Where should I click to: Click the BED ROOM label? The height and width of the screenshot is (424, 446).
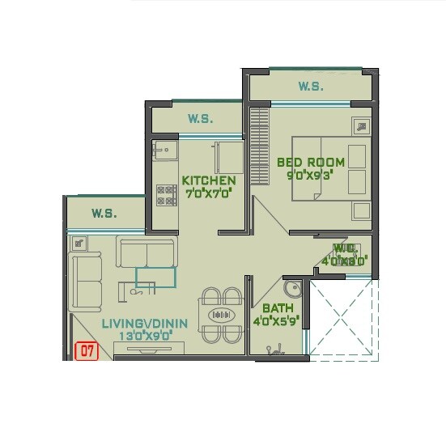(x=310, y=162)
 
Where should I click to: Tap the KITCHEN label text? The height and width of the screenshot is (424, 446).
(x=208, y=180)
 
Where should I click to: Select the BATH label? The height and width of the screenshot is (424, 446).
(x=278, y=308)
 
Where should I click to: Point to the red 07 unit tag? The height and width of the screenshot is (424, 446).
(x=85, y=351)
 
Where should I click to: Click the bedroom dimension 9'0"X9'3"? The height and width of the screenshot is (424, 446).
(x=310, y=174)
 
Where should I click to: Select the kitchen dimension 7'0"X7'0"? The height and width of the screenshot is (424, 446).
(x=208, y=193)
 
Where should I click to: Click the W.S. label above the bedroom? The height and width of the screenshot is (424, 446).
(x=310, y=86)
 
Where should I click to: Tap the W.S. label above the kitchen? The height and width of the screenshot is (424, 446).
(x=200, y=119)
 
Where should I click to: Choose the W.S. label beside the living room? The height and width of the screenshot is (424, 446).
(x=104, y=214)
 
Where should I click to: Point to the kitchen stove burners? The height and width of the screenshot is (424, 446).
(x=166, y=194)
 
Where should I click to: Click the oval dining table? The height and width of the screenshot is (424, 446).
(x=219, y=315)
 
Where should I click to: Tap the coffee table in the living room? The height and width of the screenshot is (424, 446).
(x=155, y=278)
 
